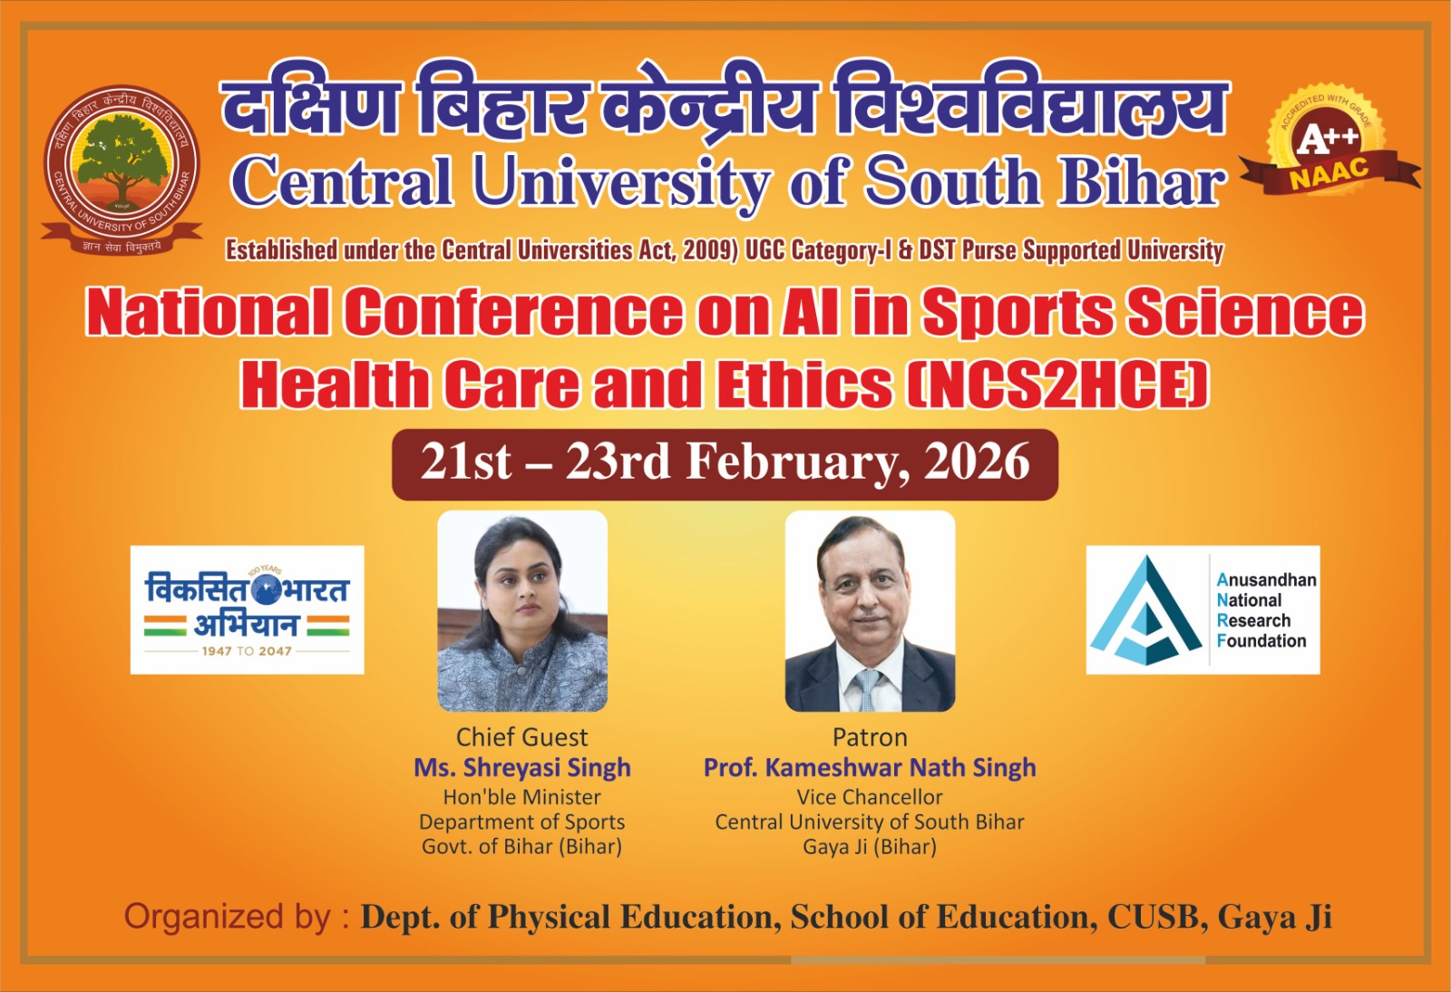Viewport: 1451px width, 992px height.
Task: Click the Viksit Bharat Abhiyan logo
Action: pyautogui.click(x=247, y=609)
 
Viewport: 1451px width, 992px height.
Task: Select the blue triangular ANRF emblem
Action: pyautogui.click(x=1145, y=610)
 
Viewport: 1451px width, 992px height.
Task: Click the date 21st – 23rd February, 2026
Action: pyautogui.click(x=725, y=462)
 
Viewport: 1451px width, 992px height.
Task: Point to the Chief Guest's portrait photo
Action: pyautogui.click(x=522, y=610)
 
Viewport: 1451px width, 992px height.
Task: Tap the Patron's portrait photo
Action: pyautogui.click(x=870, y=610)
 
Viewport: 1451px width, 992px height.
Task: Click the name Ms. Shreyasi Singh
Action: pyautogui.click(x=521, y=768)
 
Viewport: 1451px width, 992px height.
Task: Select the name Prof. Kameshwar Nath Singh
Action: pyautogui.click(x=870, y=768)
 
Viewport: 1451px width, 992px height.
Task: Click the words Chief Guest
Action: pyautogui.click(x=521, y=737)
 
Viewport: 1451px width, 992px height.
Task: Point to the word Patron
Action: pyautogui.click(x=870, y=737)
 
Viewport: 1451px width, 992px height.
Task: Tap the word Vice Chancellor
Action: pyautogui.click(x=870, y=797)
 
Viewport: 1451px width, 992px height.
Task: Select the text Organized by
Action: pyautogui.click(x=227, y=917)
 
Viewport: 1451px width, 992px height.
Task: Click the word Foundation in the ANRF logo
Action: pyautogui.click(x=1261, y=641)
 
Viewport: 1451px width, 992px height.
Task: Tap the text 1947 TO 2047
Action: pyautogui.click(x=247, y=651)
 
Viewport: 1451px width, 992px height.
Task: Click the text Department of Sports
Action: pyautogui.click(x=521, y=822)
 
